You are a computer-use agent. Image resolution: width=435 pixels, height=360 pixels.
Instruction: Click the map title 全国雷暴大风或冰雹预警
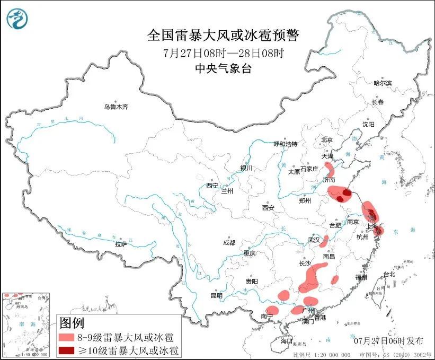point(223,36)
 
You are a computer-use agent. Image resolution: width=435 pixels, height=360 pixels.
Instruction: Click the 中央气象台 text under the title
point(223,68)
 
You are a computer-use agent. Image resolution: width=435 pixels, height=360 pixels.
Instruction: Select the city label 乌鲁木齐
point(116,107)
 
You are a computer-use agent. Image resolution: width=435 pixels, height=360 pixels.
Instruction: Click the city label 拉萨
point(121,244)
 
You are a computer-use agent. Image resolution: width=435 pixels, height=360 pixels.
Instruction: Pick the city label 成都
point(229,243)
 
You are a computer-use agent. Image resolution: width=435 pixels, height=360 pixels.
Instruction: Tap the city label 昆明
point(217,295)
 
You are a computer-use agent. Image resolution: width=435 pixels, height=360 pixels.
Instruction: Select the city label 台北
point(389,274)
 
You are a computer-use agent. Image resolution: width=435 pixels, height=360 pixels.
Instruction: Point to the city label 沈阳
point(368,124)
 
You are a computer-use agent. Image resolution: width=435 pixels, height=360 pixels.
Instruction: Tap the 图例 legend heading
point(72,322)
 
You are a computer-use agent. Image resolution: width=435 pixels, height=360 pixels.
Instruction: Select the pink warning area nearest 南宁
point(272,310)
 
